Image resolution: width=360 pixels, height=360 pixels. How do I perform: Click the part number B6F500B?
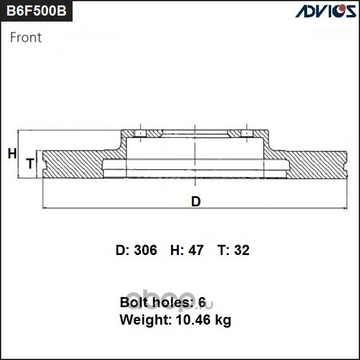pyautogui.click(x=36, y=11)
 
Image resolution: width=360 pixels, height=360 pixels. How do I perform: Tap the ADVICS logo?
pyautogui.click(x=326, y=11)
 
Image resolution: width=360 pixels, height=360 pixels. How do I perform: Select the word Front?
pyautogui.click(x=26, y=37)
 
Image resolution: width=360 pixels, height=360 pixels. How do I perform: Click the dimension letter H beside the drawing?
pyautogui.click(x=12, y=154)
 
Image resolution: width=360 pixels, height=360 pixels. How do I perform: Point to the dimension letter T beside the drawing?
pyautogui.click(x=30, y=164)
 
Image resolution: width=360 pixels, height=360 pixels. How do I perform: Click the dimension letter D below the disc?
pyautogui.click(x=196, y=202)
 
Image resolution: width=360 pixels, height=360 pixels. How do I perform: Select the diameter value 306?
pyautogui.click(x=146, y=250)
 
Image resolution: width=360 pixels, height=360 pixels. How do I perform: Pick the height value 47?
pyautogui.click(x=196, y=250)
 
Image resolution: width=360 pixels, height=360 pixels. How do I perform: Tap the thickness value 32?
pyautogui.click(x=242, y=250)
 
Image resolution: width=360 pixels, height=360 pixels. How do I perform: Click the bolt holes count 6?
pyautogui.click(x=202, y=302)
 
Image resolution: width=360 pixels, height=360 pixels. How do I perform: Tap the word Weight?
pyautogui.click(x=146, y=320)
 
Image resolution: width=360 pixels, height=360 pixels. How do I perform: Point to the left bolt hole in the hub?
pyautogui.click(x=140, y=134)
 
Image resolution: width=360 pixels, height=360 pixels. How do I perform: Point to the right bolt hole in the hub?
pyautogui.click(x=247, y=134)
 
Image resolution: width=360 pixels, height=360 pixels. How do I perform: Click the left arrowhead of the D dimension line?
pyautogui.click(x=44, y=208)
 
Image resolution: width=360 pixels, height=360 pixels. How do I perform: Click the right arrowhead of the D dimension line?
pyautogui.click(x=345, y=208)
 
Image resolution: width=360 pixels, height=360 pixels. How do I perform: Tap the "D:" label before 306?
pyautogui.click(x=123, y=250)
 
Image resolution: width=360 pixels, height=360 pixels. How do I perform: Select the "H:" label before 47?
pyautogui.click(x=177, y=250)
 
